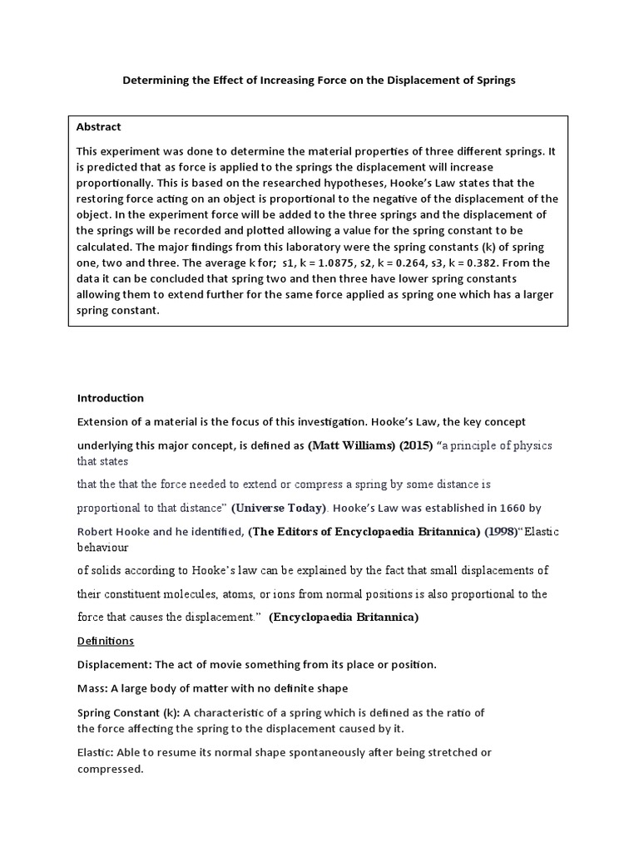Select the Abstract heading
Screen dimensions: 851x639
(x=98, y=127)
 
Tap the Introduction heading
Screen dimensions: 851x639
(x=110, y=398)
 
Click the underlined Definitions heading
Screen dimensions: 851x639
(x=106, y=642)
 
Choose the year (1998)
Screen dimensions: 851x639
(x=501, y=532)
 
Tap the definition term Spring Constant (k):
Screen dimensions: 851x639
(x=128, y=713)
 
